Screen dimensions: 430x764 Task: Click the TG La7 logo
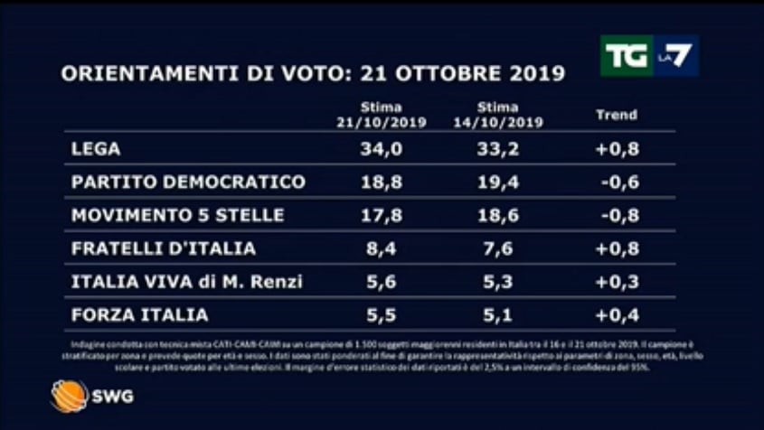(x=648, y=56)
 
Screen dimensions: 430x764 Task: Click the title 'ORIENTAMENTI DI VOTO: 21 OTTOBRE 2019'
(x=313, y=73)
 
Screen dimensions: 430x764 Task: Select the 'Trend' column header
(x=617, y=115)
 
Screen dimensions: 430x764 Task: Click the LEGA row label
(x=95, y=148)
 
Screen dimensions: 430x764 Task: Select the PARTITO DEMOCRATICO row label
(x=187, y=182)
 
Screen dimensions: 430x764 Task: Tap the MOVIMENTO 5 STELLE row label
(x=177, y=215)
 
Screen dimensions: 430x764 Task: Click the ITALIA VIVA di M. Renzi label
(x=185, y=282)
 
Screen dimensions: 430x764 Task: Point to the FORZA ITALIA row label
(x=139, y=315)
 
